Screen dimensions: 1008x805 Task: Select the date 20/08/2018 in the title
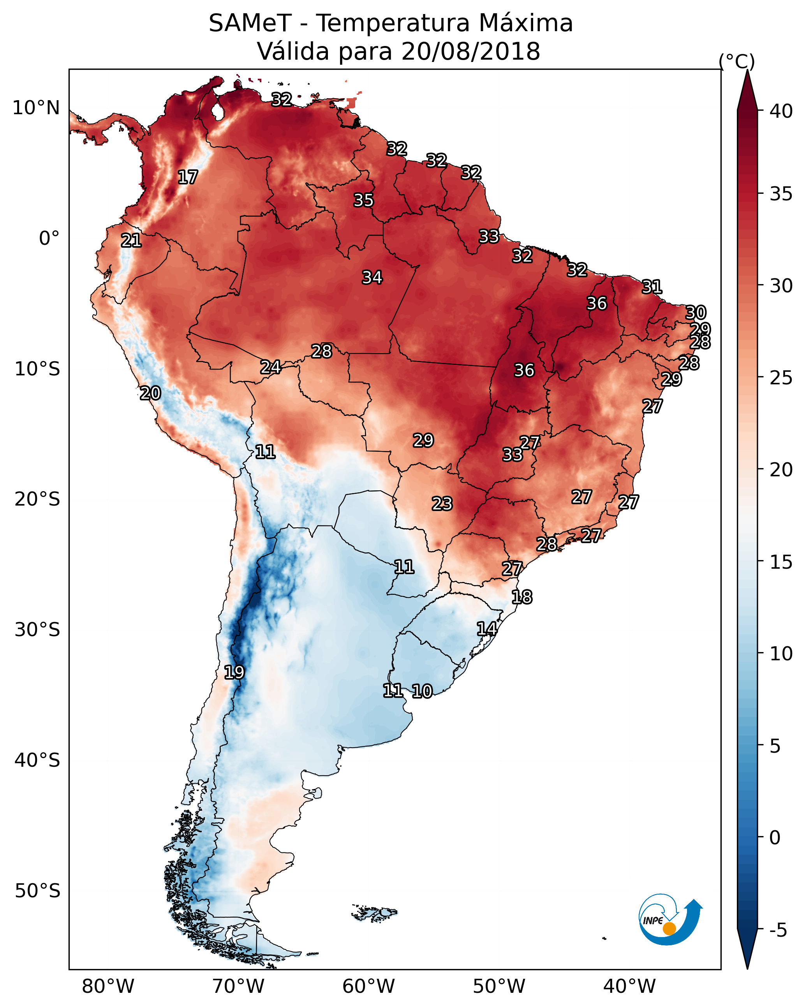pos(470,51)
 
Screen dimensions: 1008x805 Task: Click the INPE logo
pos(669,921)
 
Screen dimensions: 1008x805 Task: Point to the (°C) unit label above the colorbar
pos(736,61)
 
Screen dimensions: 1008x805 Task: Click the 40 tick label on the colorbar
pos(781,111)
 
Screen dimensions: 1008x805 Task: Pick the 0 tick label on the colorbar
pos(774,838)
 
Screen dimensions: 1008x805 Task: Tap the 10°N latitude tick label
pos(36,108)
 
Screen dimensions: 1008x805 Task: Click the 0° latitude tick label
pos(49,239)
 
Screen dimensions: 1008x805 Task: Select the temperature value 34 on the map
pos(372,278)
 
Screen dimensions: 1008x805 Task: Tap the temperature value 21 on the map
pos(131,241)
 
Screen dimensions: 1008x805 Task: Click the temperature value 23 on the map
pos(442,504)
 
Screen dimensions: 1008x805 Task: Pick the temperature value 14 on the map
pos(487,629)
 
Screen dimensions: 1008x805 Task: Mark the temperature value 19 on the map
pos(234,672)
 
